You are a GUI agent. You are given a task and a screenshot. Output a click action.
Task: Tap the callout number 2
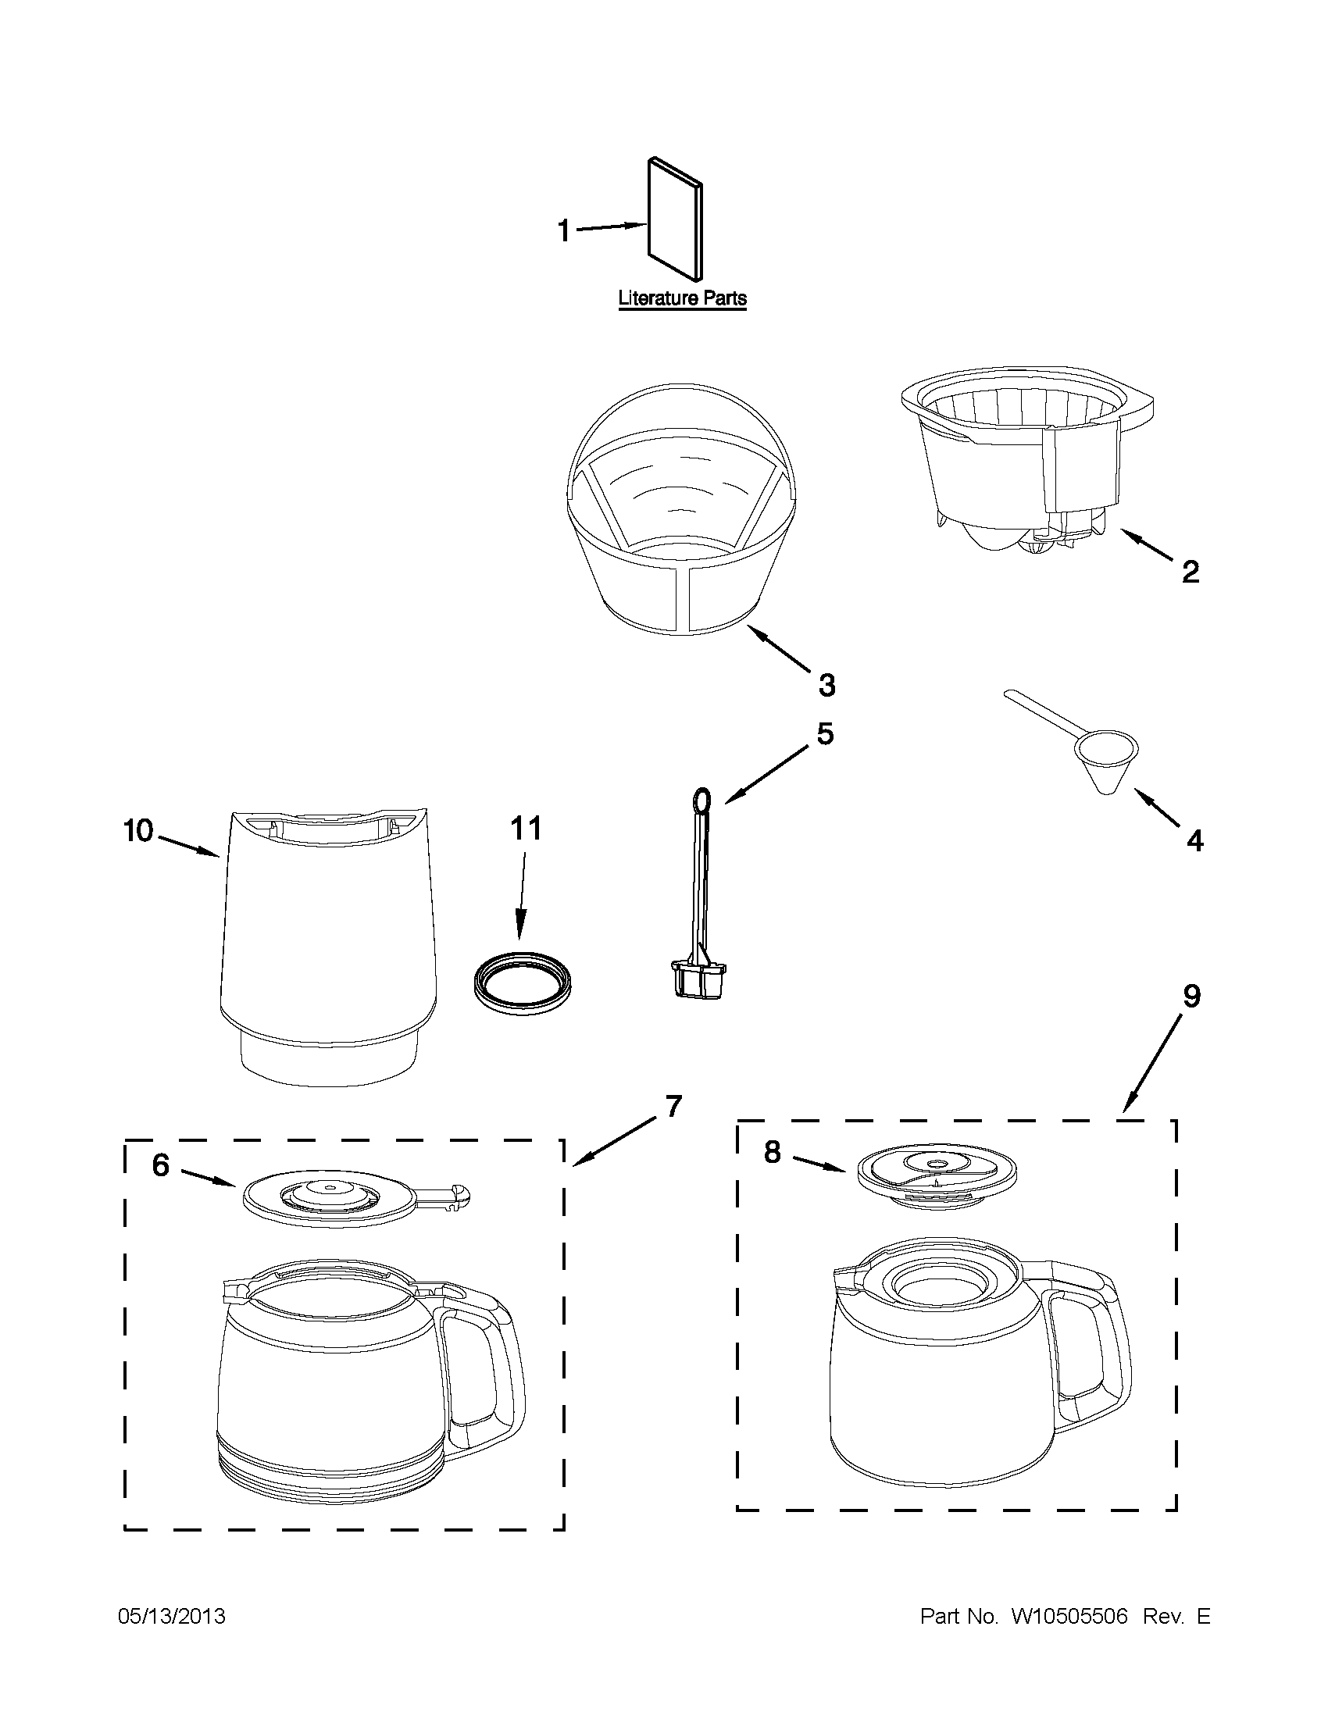pyautogui.click(x=1191, y=572)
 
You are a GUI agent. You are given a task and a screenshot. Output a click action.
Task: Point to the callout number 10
pyautogui.click(x=137, y=831)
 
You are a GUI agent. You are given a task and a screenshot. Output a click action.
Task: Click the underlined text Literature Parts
pyautogui.click(x=682, y=299)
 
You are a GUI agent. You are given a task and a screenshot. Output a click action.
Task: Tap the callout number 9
pyautogui.click(x=1192, y=997)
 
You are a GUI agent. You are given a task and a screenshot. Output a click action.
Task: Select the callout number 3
pyautogui.click(x=826, y=685)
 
